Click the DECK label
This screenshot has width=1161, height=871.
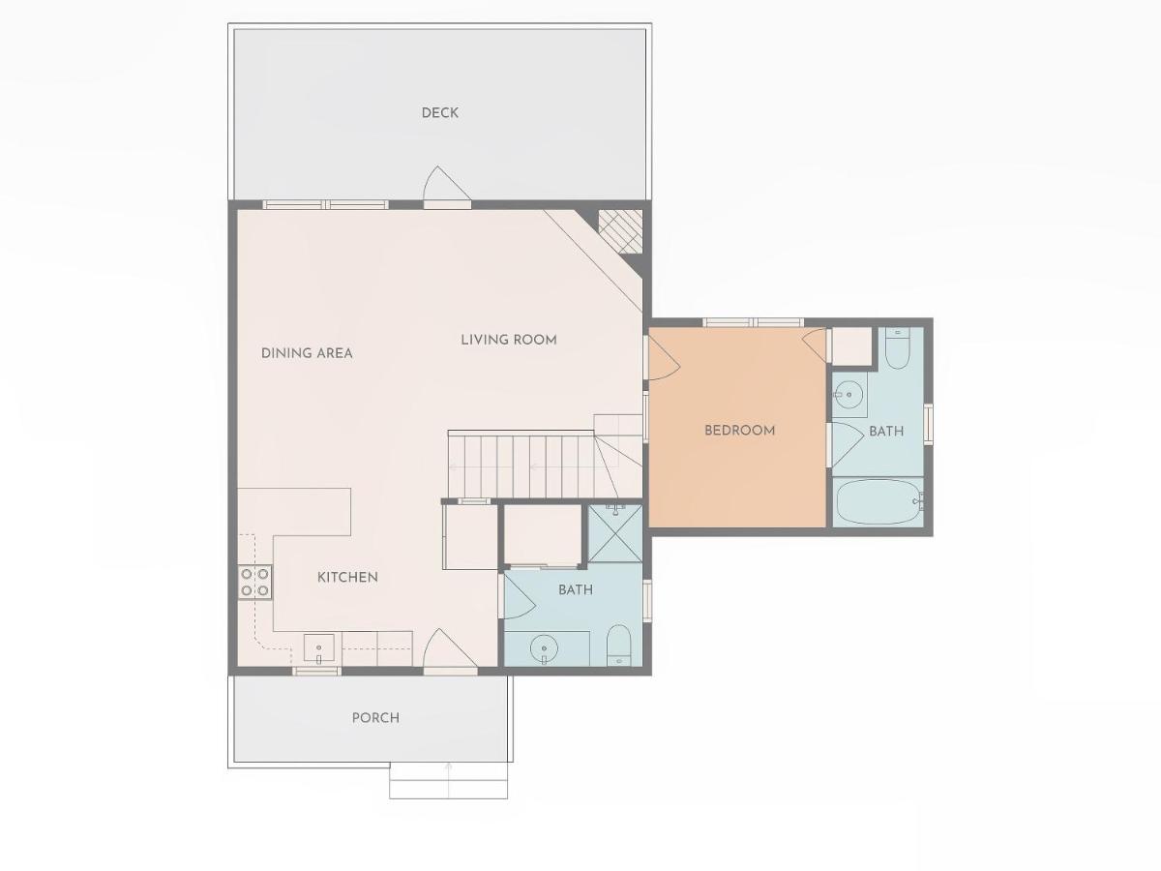(x=439, y=112)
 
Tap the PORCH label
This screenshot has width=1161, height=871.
(x=375, y=718)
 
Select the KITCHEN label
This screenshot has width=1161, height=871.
(x=347, y=577)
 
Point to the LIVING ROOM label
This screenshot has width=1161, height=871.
(x=509, y=340)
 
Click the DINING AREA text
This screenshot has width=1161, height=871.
(x=307, y=353)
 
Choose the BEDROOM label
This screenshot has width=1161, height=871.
(x=740, y=431)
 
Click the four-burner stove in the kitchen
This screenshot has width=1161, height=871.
(x=255, y=582)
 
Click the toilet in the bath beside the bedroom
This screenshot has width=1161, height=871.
(x=898, y=348)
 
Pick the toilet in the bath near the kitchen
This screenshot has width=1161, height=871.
(x=618, y=646)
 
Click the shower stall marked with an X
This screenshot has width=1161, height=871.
(x=615, y=533)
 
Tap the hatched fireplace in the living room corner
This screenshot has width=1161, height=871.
(x=620, y=231)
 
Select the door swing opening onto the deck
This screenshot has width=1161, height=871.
(x=447, y=184)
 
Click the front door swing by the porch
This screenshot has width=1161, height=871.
(x=450, y=648)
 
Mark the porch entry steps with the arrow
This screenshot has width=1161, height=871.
(x=449, y=780)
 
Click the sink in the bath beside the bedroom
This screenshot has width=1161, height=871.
(x=850, y=395)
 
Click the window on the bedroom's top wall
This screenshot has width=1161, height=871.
(x=753, y=322)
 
